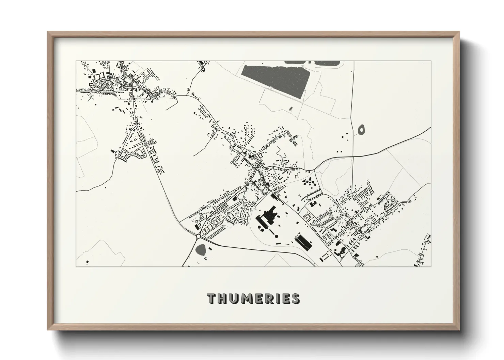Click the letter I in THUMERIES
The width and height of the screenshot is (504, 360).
click(281, 298)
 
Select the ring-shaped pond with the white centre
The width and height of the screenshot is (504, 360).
click(361, 129)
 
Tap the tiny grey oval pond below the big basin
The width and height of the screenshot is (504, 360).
click(290, 109)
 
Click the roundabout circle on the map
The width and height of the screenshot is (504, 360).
click(198, 236)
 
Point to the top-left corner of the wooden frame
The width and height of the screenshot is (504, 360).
click(48, 32)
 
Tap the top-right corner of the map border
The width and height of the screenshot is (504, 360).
click(431, 61)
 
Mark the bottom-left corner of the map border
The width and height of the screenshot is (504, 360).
click(76, 266)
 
